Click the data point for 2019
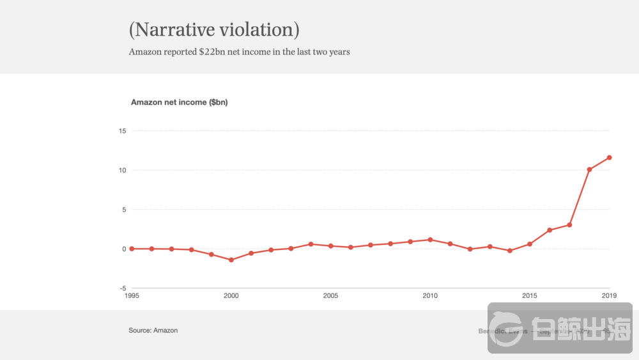[609, 157]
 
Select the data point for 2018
[589, 169]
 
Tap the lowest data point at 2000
[231, 260]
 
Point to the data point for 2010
[430, 240]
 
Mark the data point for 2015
[530, 244]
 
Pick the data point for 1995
[132, 249]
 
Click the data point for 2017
[569, 224]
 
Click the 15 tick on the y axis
[122, 131]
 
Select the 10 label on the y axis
[122, 170]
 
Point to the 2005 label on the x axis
[330, 295]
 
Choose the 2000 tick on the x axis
[231, 295]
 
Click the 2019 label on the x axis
[609, 295]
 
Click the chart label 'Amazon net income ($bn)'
[179, 102]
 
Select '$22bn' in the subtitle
[212, 52]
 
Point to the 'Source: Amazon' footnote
[153, 331]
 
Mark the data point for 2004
[311, 244]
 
